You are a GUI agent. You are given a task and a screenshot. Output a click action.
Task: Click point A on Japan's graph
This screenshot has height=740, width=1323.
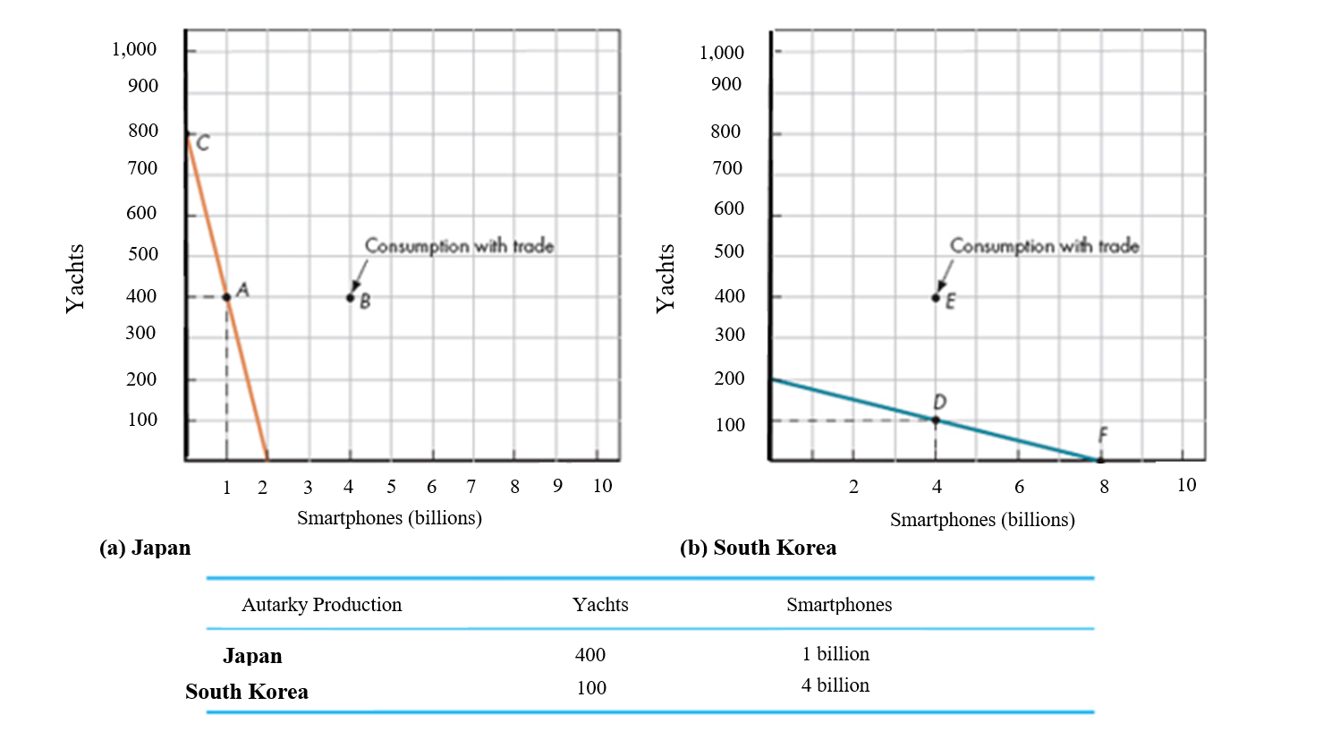coord(226,297)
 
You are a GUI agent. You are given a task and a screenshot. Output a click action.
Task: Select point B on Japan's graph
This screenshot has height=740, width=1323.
coord(351,297)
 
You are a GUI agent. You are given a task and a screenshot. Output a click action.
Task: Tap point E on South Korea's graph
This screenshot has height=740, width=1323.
coord(936,298)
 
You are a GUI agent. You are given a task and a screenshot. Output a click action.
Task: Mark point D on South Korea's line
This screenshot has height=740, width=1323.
coord(936,420)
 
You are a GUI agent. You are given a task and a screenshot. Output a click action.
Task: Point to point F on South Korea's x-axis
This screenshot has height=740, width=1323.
coord(1100,460)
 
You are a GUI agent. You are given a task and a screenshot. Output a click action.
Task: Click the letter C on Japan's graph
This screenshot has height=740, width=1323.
coord(203,143)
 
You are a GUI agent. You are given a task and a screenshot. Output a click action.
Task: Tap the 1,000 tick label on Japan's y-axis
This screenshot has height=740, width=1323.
coord(134,49)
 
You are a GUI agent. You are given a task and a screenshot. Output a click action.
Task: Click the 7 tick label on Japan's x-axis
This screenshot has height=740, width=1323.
coord(471,486)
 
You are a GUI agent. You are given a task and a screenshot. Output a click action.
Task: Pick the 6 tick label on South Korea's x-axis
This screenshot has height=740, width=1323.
coord(1019,486)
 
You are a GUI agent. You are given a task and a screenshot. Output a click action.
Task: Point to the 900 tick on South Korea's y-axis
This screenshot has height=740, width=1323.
coord(725,84)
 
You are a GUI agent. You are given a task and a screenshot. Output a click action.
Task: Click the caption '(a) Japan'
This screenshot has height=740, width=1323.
coord(145,548)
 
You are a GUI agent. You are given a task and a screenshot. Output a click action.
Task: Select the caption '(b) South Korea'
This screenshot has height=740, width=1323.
coord(758,548)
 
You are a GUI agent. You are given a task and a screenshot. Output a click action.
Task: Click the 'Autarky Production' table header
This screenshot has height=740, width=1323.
coord(321,605)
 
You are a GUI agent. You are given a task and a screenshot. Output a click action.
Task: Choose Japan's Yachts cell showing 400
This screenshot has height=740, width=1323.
coord(590,655)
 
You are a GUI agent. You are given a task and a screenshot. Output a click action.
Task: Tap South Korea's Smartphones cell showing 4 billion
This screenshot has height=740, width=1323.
coord(835,685)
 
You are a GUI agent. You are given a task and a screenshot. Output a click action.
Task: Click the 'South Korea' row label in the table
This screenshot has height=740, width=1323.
coord(247,692)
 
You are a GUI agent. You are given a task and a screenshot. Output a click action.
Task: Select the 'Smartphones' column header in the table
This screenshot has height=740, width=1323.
coord(838,605)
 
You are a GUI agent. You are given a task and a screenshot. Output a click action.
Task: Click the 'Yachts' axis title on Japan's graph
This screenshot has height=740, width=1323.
coord(75,278)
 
